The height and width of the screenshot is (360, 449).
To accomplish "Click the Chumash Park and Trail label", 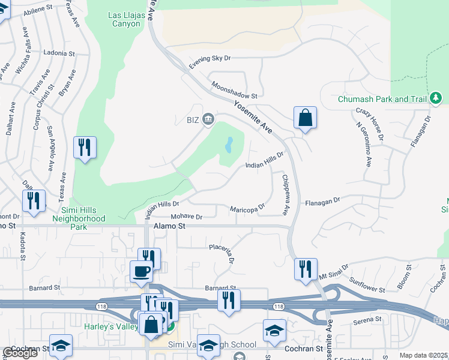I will tap(381, 99).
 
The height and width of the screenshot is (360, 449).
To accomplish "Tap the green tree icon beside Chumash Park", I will tap(435, 98).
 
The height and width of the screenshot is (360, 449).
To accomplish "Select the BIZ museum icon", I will tap(208, 119).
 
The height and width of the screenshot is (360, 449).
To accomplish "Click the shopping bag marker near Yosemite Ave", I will tap(305, 118).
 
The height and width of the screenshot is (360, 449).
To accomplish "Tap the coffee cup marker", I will tap(141, 271).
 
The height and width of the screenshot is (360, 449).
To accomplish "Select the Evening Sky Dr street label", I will tap(210, 59).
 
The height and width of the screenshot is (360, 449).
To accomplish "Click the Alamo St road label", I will tap(170, 227).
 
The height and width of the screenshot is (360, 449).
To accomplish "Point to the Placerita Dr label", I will tap(221, 253).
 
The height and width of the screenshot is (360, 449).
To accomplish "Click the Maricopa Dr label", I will tap(247, 208).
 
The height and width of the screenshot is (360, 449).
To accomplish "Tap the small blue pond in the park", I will tap(229, 145).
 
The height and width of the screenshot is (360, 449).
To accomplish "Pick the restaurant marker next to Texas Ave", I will tap(85, 147).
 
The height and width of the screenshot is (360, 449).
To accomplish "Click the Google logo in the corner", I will tap(19, 353).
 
